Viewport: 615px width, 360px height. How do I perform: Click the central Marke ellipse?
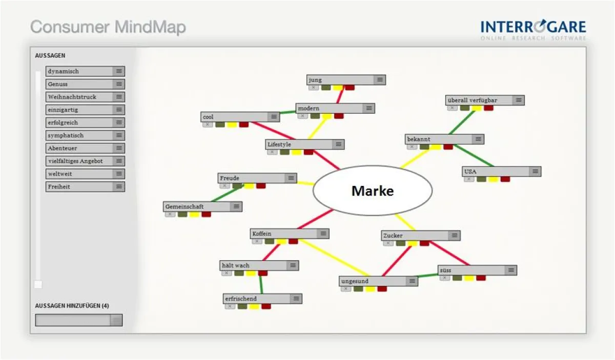tap(373, 191)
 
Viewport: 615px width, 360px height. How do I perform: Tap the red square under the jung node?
tap(350, 88)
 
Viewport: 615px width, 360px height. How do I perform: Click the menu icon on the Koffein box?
tap(323, 234)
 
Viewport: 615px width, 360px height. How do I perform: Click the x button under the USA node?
tap(469, 179)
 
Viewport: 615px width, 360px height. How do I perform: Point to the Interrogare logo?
tap(533, 29)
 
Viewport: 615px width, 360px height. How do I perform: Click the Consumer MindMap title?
tap(108, 27)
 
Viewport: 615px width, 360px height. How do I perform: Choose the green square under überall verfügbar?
tap(464, 108)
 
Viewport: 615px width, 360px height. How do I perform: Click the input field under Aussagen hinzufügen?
tap(73, 320)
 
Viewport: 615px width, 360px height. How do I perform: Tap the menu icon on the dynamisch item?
tap(119, 71)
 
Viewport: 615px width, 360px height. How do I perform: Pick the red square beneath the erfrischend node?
tap(266, 306)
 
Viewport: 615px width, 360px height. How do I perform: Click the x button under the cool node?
tap(208, 124)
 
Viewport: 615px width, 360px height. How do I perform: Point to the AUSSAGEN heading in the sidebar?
tap(50, 55)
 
